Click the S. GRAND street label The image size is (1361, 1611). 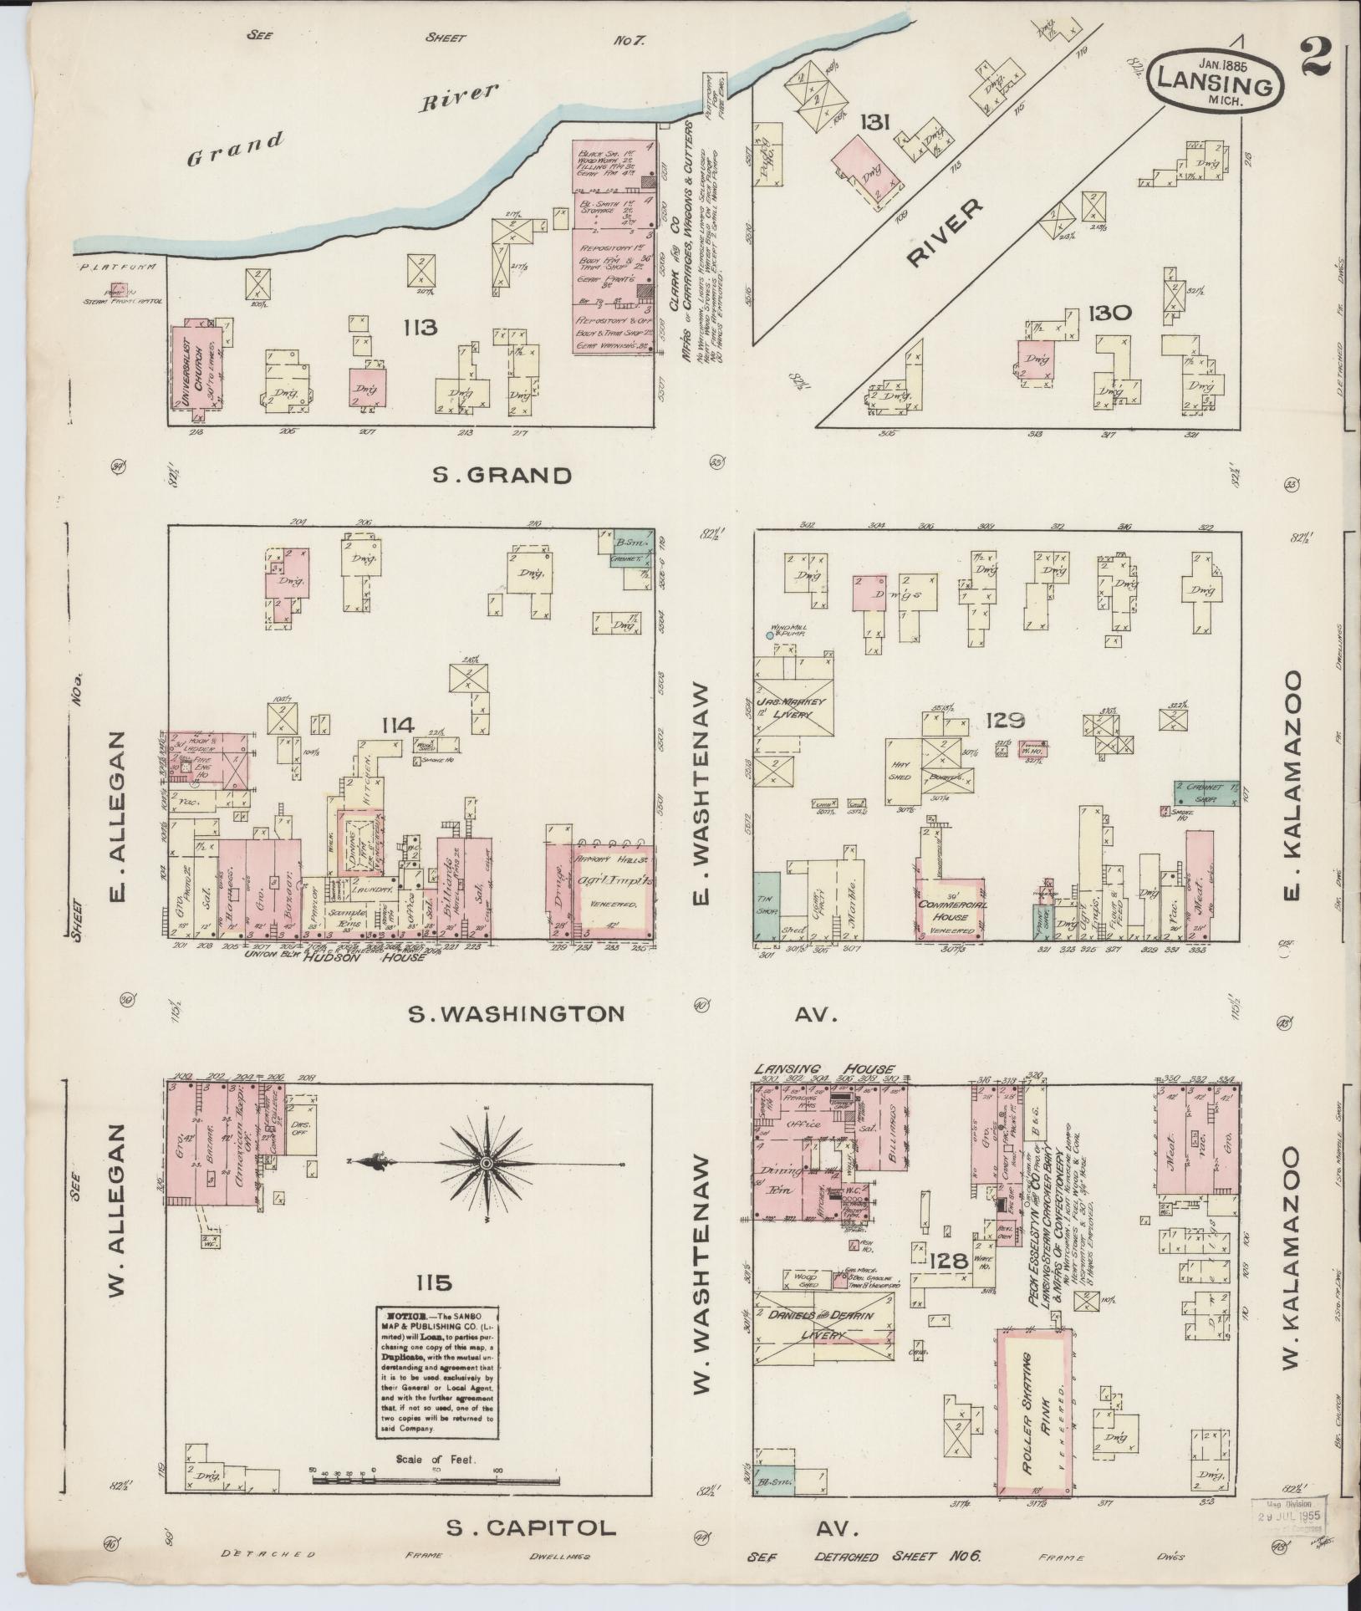point(502,476)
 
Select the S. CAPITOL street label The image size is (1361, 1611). point(530,1528)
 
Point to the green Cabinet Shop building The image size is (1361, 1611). point(1206,793)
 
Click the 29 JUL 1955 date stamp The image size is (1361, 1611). point(1287,1512)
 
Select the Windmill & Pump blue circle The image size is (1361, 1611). point(770,636)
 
